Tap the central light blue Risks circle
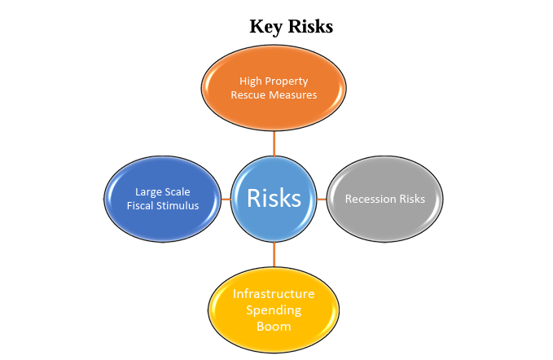(274, 200)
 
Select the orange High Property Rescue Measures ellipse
(274, 88)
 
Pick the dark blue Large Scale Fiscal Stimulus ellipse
(163, 200)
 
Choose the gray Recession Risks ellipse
(384, 200)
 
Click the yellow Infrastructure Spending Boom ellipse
(274, 310)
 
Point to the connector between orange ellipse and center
(274, 144)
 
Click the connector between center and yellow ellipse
(274, 255)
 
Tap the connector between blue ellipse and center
(226, 200)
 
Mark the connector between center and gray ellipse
(322, 200)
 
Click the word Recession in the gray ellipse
(366, 199)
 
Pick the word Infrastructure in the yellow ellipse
(274, 294)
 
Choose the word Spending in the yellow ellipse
(274, 310)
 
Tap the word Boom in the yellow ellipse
(274, 327)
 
